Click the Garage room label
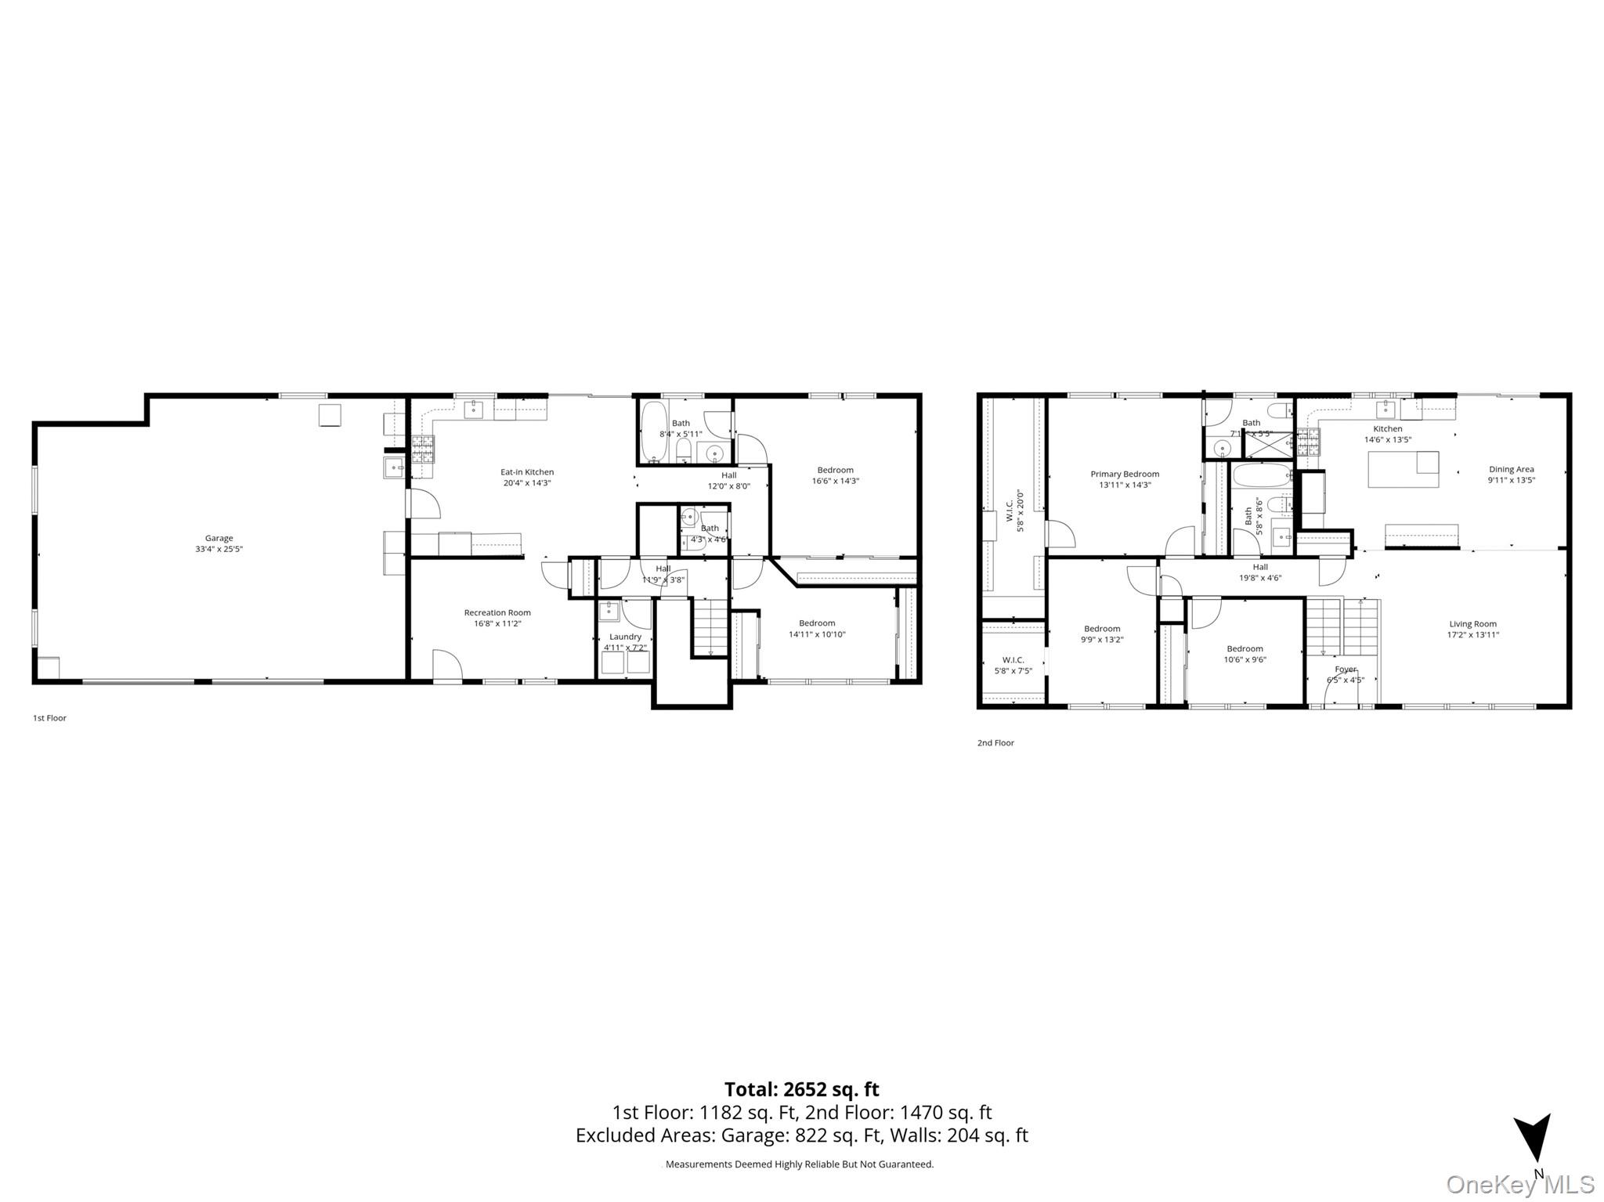tap(219, 539)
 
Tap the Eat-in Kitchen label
tap(527, 472)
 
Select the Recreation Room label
tap(497, 613)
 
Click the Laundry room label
tap(625, 637)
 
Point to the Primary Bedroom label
tap(1125, 475)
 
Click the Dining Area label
tap(1511, 470)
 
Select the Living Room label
tap(1472, 625)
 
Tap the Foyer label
tap(1345, 670)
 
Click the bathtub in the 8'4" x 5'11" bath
tap(653, 431)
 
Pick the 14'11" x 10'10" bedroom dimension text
tap(817, 634)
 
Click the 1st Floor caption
tap(49, 718)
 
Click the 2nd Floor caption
tap(995, 743)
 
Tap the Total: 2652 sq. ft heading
tap(801, 1089)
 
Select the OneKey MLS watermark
tap(1519, 1184)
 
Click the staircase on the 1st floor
tap(710, 626)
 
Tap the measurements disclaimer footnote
tap(800, 1164)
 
